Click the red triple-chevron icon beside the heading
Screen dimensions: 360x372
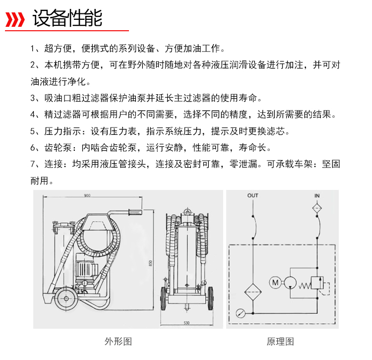pos(15,20)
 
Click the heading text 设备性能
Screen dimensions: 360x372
pos(67,19)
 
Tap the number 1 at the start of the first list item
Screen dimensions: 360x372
pos(32,49)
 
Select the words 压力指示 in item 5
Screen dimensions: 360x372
pos(60,131)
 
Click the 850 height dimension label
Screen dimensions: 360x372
pos(151,263)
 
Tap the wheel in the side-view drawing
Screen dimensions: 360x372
pos(64,299)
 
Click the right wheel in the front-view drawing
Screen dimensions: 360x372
pos(210,300)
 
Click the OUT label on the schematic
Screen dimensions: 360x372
pos(252,196)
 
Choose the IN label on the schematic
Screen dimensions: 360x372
pos(317,196)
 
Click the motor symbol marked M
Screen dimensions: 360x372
pos(275,283)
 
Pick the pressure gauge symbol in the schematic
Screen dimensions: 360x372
pos(240,313)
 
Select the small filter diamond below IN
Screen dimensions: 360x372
pos(317,209)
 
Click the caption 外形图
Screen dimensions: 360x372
pos(118,342)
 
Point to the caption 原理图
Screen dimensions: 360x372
pos(281,342)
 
